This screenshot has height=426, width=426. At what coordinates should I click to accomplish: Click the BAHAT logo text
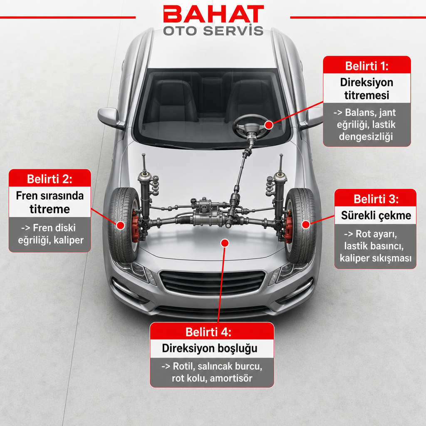coord(213,14)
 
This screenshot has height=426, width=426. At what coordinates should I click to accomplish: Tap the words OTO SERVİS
coord(213,31)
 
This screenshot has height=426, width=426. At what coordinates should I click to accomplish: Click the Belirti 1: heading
coord(367,66)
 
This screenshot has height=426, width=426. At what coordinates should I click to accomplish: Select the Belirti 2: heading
coord(50,179)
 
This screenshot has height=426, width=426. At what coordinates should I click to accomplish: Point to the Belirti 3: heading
coord(376,199)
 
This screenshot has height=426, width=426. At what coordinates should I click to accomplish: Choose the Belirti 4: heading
coord(208,332)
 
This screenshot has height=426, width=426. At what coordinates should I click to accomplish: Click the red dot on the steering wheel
coord(269,125)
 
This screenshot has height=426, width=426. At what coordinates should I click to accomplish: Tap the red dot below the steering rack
coord(225,243)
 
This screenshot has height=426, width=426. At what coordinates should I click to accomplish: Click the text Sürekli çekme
coord(376,215)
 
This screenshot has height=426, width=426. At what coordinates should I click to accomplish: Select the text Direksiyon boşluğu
coord(210,348)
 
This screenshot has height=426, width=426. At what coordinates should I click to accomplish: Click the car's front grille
coord(212,283)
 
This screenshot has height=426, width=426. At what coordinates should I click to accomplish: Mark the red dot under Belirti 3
coord(306,225)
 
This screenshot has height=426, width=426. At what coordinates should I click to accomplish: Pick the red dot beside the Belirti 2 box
coord(120,225)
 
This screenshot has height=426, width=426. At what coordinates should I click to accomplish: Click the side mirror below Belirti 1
coord(312,118)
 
